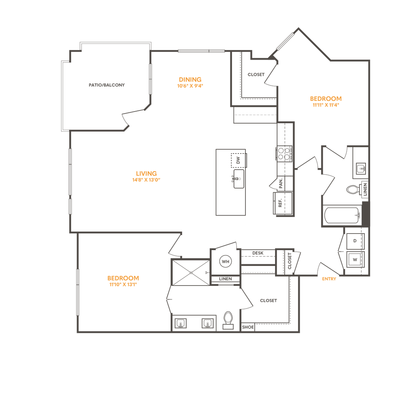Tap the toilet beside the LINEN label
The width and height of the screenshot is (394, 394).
coord(352,190)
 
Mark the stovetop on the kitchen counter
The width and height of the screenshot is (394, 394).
coord(285,155)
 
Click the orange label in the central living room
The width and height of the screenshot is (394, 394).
coord(146,175)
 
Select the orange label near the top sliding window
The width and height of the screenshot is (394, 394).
coord(190,82)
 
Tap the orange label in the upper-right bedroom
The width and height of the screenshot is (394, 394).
coord(326,100)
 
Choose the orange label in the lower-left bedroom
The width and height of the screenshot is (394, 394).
coord(123,281)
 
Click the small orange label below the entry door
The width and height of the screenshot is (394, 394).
coord(329,279)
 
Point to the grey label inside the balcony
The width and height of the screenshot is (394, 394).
coord(107,85)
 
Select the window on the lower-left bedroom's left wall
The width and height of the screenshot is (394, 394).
coord(78,292)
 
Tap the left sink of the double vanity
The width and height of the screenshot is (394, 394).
coord(179,324)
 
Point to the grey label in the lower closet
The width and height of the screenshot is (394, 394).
coord(268,301)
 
